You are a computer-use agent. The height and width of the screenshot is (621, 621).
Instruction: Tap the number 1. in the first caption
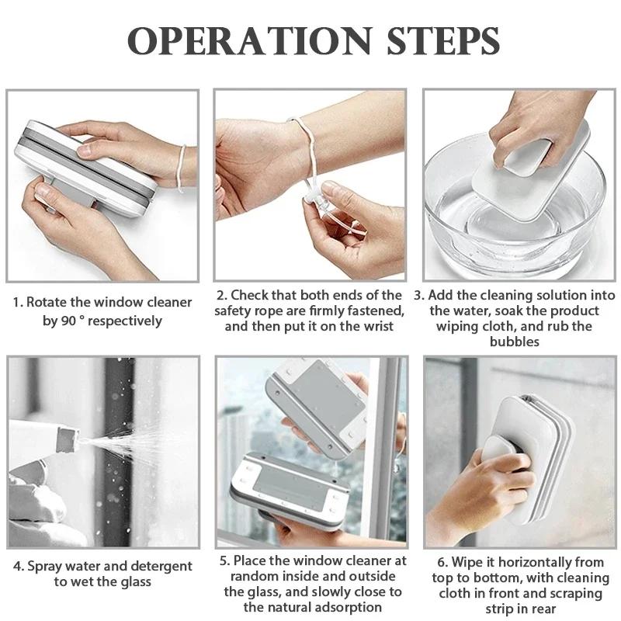(18, 301)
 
